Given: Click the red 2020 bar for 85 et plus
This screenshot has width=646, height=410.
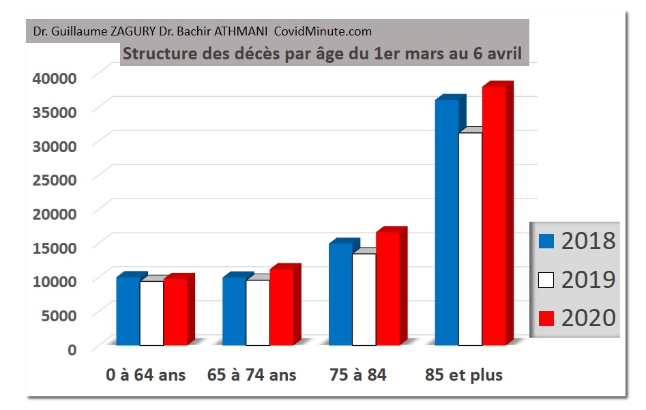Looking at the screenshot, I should tap(494, 215).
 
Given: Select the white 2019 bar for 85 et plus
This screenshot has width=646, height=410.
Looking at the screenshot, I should tap(470, 239).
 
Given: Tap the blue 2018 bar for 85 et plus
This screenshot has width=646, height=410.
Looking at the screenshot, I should tap(447, 222).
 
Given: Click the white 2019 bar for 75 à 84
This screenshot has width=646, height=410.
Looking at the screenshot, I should tap(364, 299).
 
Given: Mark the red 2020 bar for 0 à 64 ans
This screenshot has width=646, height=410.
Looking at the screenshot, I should tap(175, 312).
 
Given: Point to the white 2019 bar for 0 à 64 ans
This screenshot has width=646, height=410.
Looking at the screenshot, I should tap(151, 313).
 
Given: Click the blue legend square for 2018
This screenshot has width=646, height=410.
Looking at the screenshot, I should tap(545, 240).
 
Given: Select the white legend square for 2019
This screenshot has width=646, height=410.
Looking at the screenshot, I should tap(545, 279).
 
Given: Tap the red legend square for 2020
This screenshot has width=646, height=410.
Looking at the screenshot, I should tap(545, 318).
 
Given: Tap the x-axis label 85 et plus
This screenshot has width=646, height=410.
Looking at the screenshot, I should tap(463, 375).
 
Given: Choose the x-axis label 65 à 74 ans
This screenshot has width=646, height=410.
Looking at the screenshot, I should tap(252, 375).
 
